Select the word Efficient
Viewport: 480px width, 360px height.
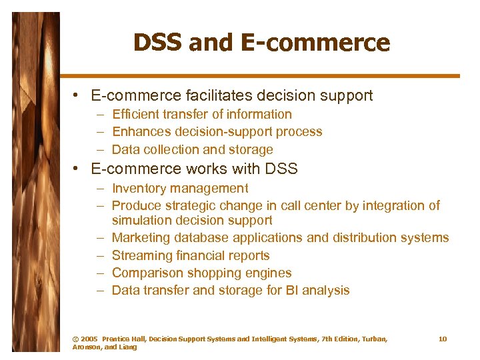[134, 115]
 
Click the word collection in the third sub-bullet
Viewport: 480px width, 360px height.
[168, 149]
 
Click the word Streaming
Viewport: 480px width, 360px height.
[142, 255]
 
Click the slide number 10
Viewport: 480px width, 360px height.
[443, 339]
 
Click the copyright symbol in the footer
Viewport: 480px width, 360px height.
[75, 339]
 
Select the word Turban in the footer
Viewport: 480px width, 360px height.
[373, 339]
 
